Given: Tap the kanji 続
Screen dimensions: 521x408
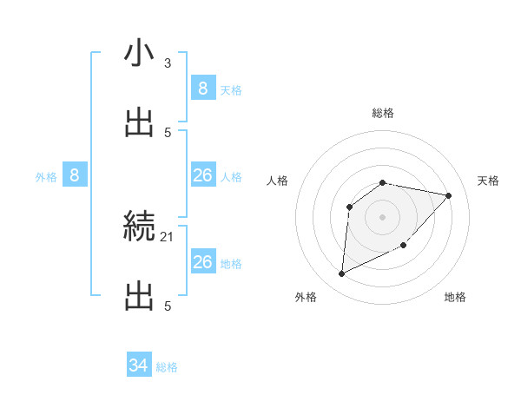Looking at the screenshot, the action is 139,227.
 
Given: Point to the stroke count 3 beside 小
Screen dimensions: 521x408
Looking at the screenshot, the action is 168,63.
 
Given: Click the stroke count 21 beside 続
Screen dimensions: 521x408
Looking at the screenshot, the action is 168,236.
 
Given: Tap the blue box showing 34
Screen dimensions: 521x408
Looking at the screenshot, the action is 139,365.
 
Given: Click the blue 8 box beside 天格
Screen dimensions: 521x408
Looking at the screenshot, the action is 202,88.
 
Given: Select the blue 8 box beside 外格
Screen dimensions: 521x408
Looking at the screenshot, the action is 75,175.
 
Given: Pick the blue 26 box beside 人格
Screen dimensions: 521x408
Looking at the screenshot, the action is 202,175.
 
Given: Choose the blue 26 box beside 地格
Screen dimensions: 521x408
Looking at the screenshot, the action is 202,262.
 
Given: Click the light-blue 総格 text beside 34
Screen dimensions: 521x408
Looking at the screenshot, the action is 167,367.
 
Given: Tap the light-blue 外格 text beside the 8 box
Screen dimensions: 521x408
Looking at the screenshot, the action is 46,177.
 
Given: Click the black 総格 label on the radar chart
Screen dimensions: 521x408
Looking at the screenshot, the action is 383,113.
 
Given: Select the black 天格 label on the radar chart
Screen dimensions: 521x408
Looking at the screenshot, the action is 489,181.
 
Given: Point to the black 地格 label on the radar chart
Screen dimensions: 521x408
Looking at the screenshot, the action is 455,297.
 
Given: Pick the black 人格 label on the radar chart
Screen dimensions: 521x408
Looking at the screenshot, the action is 278,181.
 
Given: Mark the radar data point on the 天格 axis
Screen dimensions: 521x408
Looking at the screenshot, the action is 449,195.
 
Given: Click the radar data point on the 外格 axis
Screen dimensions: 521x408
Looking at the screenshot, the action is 341,274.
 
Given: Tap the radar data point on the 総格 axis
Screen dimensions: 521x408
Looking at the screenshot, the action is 383,182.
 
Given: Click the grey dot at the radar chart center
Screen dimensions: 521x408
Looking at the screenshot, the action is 383,216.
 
